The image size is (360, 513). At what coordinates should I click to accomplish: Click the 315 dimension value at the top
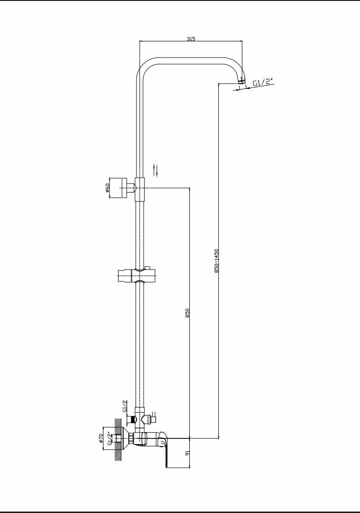(x=191, y=39)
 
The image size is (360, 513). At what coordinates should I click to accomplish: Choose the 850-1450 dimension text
(x=216, y=261)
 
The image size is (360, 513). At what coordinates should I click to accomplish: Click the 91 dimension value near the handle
(x=187, y=454)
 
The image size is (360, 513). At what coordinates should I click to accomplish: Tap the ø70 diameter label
(x=101, y=438)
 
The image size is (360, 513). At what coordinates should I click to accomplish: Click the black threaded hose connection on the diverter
(x=133, y=420)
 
